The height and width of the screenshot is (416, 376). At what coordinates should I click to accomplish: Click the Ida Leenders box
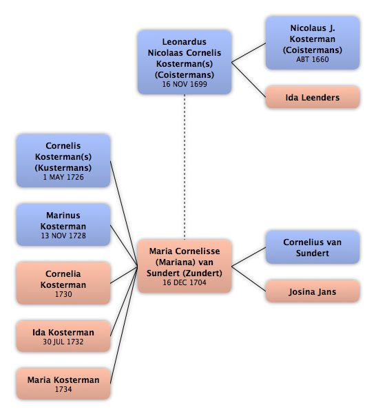[x=313, y=97]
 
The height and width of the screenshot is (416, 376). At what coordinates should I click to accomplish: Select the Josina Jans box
[x=313, y=291]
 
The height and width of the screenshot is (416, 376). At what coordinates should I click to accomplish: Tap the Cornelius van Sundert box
[x=313, y=247]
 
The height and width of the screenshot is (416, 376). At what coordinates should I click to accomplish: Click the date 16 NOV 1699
[x=185, y=84]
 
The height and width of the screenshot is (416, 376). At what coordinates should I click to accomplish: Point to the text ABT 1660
[x=313, y=59]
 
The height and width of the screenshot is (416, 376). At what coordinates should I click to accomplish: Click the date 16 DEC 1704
[x=185, y=282]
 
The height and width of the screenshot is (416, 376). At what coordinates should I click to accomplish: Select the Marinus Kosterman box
[x=63, y=225]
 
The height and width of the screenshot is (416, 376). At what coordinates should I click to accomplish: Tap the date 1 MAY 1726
[x=63, y=177]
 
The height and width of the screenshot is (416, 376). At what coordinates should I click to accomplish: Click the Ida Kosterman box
[x=63, y=336]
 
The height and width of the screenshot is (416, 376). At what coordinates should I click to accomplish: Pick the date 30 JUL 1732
[x=63, y=342]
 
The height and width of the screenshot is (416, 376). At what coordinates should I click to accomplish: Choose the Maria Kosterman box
[x=63, y=384]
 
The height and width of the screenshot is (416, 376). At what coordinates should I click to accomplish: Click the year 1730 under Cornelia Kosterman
[x=63, y=294]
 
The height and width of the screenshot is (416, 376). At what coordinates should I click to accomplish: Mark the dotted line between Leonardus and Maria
[x=185, y=167]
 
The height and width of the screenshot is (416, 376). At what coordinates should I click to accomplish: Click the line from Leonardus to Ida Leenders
[x=249, y=80]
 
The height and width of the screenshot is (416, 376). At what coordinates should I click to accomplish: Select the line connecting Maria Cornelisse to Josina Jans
[x=249, y=278]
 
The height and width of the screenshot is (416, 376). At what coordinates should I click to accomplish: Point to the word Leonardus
[x=185, y=42]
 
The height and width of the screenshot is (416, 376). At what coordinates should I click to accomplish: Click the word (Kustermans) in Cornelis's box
[x=63, y=168]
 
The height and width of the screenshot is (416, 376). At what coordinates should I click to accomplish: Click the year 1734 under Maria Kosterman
[x=63, y=389]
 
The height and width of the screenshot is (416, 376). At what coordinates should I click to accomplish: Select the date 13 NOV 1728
[x=63, y=236]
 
